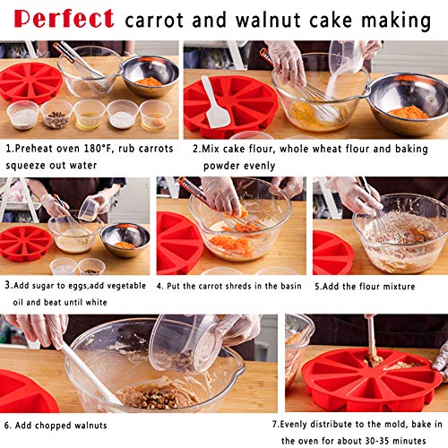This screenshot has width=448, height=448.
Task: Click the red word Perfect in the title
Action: coord(64,19)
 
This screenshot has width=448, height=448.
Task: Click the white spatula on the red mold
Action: coord(215,102)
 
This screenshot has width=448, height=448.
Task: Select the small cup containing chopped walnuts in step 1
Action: coord(56,115)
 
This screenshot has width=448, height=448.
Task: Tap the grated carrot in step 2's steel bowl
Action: coord(409,112)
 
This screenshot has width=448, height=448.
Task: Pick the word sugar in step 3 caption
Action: coord(44,286)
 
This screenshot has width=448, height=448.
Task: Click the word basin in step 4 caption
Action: coord(291,286)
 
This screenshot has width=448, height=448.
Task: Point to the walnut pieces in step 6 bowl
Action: coord(156,396)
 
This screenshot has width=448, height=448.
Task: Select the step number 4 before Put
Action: coord(159,286)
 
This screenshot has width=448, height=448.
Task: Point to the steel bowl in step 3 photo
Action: coord(125,239)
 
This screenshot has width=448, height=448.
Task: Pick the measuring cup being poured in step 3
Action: coord(90,209)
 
